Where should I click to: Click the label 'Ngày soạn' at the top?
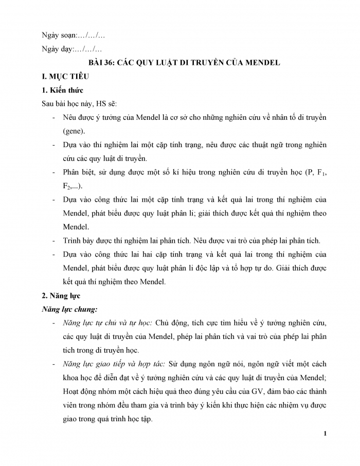pos(58,35)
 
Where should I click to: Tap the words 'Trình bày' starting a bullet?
pos(78,241)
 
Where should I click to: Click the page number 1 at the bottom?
pos(325,434)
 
